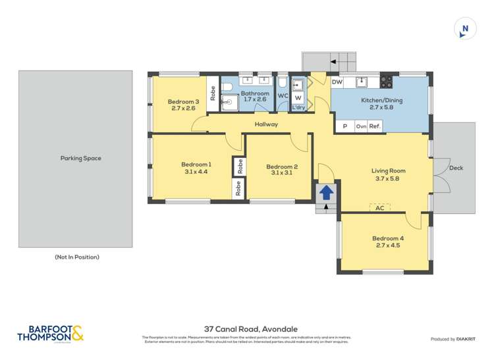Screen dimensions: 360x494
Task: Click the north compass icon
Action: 465,28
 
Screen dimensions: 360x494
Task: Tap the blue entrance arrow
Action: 325,193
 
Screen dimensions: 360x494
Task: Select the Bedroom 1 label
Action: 196,168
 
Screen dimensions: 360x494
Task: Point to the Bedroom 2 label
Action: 282,170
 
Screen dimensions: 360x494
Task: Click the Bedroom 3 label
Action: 183,105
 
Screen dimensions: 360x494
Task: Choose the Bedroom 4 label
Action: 387,242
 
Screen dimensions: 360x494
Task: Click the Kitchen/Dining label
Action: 381,103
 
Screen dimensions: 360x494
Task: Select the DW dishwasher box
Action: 337,82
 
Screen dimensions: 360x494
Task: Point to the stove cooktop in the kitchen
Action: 386,82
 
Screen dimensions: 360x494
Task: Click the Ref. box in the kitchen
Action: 375,126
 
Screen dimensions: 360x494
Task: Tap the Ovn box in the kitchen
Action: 361,126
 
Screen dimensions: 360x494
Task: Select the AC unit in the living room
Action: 379,207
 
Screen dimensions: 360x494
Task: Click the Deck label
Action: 456,168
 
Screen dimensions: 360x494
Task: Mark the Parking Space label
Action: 80,158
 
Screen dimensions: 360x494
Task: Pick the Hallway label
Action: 266,124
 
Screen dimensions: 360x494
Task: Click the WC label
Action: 282,96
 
